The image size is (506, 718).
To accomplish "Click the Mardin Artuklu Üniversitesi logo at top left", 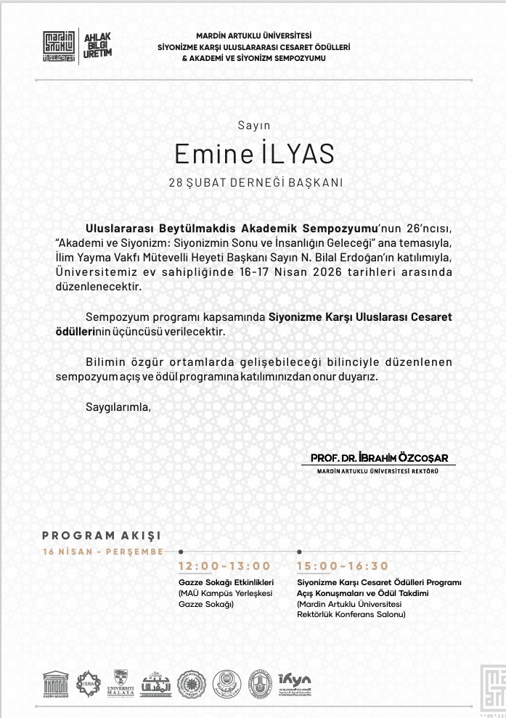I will click(x=60, y=46).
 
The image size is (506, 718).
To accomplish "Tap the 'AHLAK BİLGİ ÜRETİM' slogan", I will click(x=98, y=46).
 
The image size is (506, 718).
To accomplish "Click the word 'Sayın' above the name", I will click(x=253, y=126).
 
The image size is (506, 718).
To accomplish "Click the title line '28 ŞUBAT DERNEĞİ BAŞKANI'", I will click(x=255, y=184).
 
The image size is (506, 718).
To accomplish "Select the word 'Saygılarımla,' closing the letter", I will click(x=118, y=407).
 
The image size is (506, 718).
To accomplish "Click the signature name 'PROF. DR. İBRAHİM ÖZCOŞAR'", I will click(x=379, y=458).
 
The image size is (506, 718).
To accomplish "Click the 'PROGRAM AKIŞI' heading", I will click(x=101, y=536).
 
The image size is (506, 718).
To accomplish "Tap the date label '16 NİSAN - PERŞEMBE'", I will click(x=102, y=552).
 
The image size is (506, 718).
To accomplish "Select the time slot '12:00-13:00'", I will click(x=224, y=566).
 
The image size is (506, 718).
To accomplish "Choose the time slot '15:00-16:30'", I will click(x=343, y=566).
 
